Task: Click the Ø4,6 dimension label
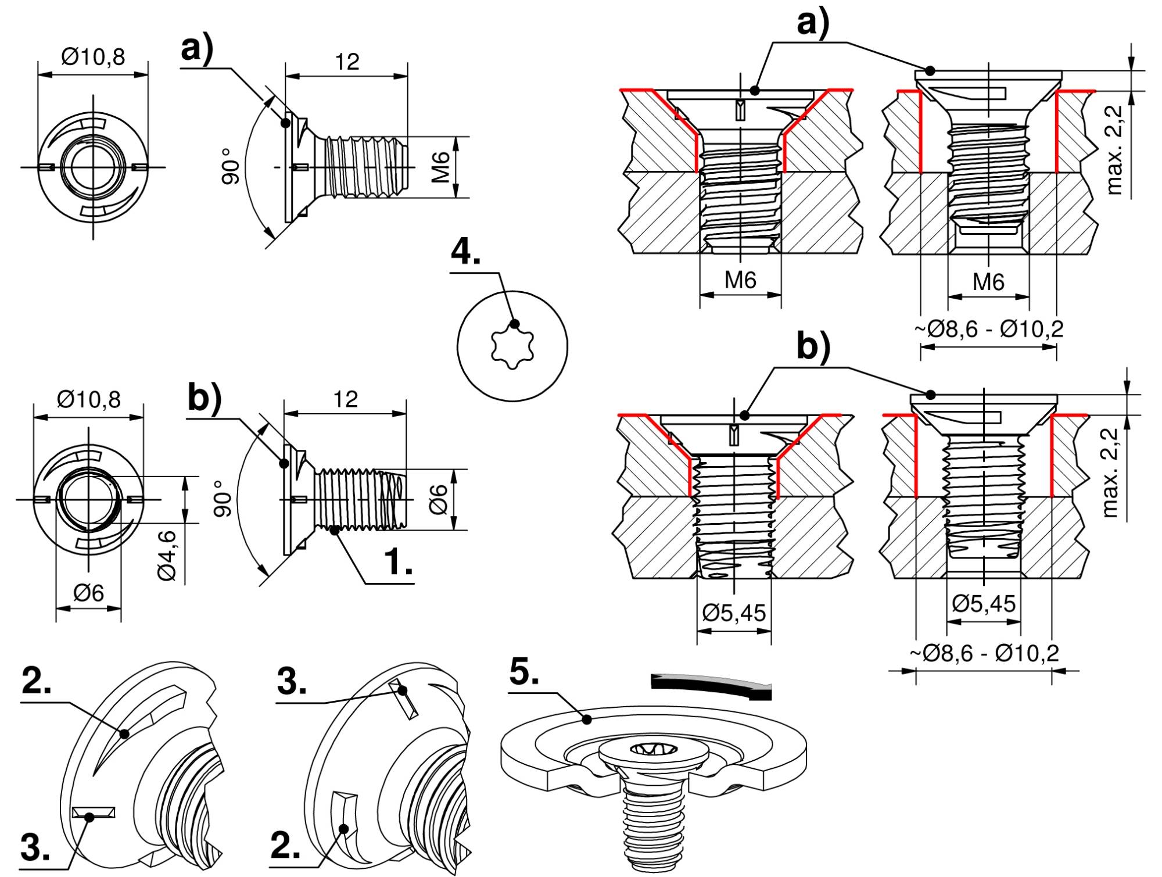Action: click(x=167, y=554)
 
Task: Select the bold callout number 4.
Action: click(x=466, y=252)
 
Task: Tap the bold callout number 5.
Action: click(x=524, y=672)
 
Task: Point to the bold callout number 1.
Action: click(x=399, y=562)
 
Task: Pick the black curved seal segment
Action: click(x=712, y=684)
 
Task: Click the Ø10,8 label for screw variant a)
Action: click(x=93, y=57)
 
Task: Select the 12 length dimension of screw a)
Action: click(x=347, y=62)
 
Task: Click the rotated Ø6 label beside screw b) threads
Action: click(x=439, y=499)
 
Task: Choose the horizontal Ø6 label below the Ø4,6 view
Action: click(x=89, y=593)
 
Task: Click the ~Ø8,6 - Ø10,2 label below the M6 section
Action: click(x=989, y=329)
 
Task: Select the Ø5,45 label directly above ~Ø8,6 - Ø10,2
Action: click(x=984, y=604)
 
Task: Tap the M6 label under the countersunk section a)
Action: click(x=740, y=281)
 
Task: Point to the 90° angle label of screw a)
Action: click(x=231, y=166)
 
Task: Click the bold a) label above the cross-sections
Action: click(x=813, y=23)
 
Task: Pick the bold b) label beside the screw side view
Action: click(x=205, y=398)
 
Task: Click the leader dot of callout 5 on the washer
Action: click(x=587, y=720)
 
